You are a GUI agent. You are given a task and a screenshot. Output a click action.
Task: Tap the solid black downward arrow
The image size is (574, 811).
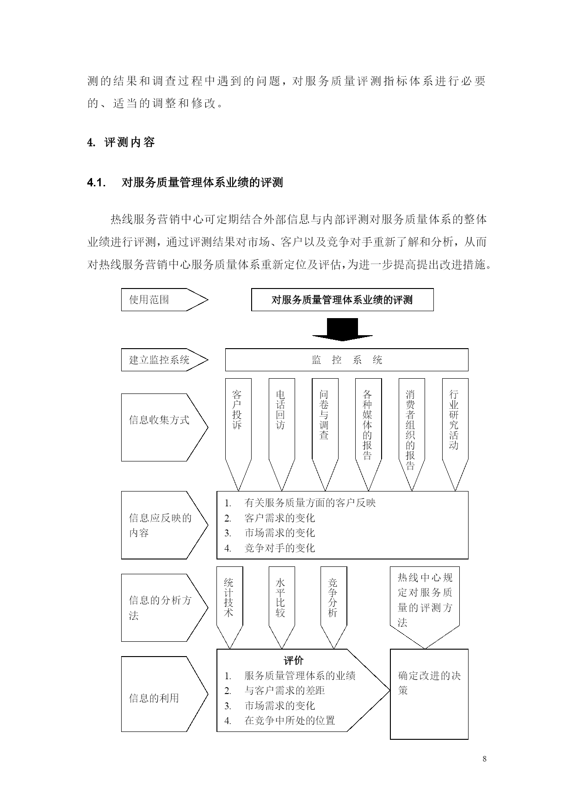click(342, 329)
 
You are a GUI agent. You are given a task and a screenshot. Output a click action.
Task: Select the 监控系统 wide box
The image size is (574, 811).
click(346, 360)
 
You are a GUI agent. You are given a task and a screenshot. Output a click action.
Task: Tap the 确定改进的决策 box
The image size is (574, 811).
click(429, 694)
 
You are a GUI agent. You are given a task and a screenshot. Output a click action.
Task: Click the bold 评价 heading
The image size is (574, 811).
click(293, 660)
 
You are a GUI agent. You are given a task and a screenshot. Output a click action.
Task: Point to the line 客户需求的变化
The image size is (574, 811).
click(279, 518)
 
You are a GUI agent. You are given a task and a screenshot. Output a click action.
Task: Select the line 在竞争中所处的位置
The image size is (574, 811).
click(290, 720)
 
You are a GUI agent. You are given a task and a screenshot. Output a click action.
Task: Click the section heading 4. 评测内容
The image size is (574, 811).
click(121, 142)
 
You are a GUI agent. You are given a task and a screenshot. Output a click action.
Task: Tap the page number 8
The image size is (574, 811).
click(484, 759)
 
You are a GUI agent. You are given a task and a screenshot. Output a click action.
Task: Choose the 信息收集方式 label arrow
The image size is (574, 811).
click(165, 427)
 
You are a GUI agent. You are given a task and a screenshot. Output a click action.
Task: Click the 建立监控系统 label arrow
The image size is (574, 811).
click(165, 360)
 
